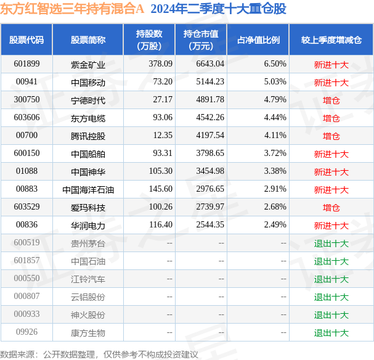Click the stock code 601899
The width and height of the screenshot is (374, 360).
pyautogui.click(x=26, y=64)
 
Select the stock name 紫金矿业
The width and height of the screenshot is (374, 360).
pyautogui.click(x=87, y=64)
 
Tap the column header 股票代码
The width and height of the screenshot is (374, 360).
pyautogui.click(x=26, y=40)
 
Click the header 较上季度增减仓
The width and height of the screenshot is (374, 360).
pyautogui.click(x=331, y=40)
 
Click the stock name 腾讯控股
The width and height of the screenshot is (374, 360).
pyautogui.click(x=87, y=136)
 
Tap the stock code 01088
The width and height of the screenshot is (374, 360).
pyautogui.click(x=26, y=171)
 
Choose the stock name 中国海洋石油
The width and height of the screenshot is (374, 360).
pyautogui.click(x=87, y=190)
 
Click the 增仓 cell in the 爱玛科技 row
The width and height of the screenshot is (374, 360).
pyautogui.click(x=331, y=208)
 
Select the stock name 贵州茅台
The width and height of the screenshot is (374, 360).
pyautogui.click(x=87, y=243)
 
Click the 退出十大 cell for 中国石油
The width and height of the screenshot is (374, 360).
pyautogui.click(x=331, y=261)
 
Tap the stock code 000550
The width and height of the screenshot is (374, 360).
pyautogui.click(x=26, y=279)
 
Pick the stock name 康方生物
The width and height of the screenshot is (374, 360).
pyautogui.click(x=87, y=333)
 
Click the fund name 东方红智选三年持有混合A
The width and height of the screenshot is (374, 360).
pyautogui.click(x=72, y=9)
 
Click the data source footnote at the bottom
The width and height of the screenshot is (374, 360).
pyautogui.click(x=99, y=354)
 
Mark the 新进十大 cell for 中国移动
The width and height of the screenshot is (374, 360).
pyautogui.click(x=331, y=82)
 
